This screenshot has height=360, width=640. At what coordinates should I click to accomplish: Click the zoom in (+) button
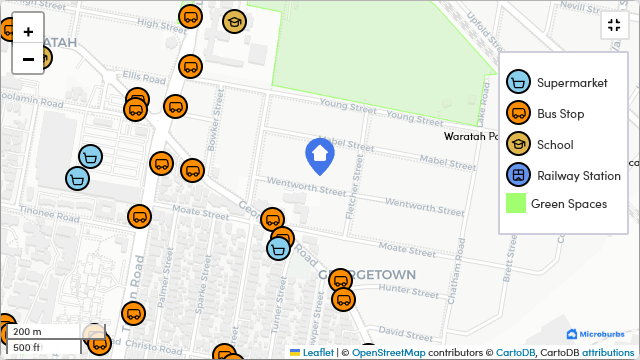pyautogui.click(x=28, y=31)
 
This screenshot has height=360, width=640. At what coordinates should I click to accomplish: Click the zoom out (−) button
pyautogui.click(x=28, y=59)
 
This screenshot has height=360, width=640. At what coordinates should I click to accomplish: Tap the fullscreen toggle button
pyautogui.click(x=612, y=27)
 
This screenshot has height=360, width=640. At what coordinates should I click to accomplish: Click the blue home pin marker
pyautogui.click(x=319, y=156)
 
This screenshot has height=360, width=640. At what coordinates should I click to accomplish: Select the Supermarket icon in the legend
pyautogui.click(x=517, y=83)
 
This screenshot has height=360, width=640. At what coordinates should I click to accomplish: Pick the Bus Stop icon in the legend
pyautogui.click(x=517, y=114)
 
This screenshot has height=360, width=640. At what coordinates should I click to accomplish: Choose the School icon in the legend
pyautogui.click(x=517, y=145)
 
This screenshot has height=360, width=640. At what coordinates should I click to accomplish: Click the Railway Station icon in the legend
pyautogui.click(x=517, y=176)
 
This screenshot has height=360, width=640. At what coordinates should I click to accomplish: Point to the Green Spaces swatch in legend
pyautogui.click(x=516, y=204)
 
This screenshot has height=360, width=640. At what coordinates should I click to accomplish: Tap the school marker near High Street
pyautogui.click(x=234, y=21)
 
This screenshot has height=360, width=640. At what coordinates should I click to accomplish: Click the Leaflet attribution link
pyautogui.click(x=318, y=353)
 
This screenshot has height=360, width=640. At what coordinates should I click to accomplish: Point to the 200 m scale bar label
pyautogui.click(x=27, y=332)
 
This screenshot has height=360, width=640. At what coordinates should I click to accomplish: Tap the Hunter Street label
pyautogui.click(x=403, y=290)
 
